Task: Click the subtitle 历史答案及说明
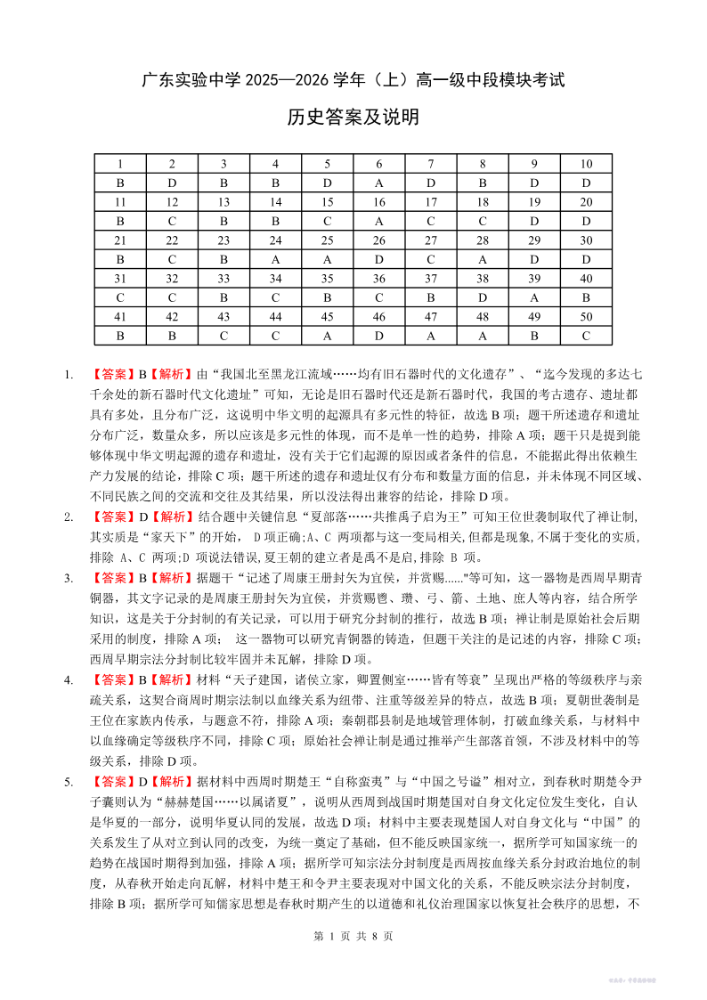click(x=353, y=118)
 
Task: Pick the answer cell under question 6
click(x=379, y=183)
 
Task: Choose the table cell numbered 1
click(x=120, y=164)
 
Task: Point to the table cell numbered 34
click(x=276, y=278)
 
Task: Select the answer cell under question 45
click(x=328, y=336)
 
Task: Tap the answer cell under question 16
click(x=379, y=221)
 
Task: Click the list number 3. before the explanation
click(x=68, y=577)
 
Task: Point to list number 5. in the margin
click(x=68, y=782)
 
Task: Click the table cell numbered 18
click(x=483, y=202)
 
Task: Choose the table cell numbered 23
click(x=224, y=240)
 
